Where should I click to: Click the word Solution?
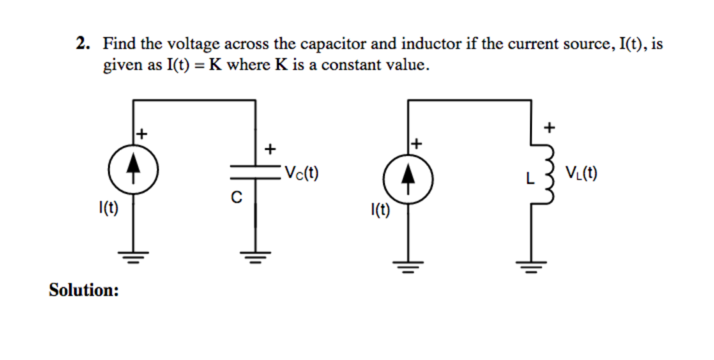point(84,290)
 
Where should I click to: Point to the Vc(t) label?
point(301,172)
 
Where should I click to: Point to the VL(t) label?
point(581,172)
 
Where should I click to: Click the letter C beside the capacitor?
point(236,198)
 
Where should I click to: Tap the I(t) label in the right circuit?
point(380,210)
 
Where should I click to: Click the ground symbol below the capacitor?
point(255,260)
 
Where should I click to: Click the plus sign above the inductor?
point(549,127)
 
